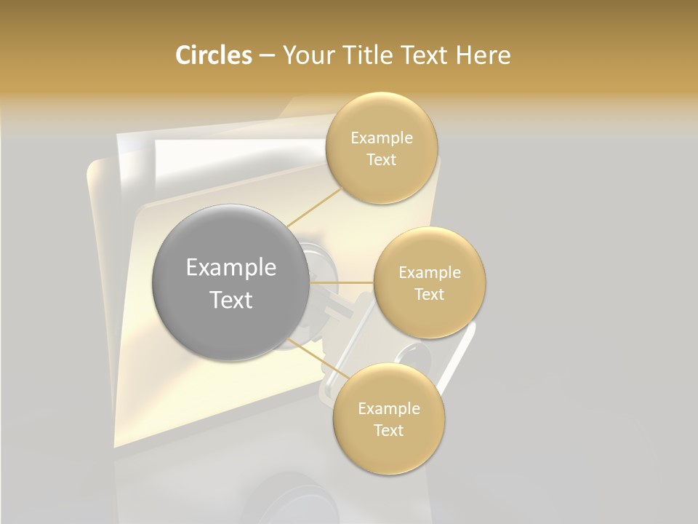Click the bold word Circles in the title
[x=213, y=55]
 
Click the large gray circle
[x=230, y=282]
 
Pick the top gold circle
[x=381, y=148]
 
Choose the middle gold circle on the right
[x=429, y=282]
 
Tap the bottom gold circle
[x=388, y=419]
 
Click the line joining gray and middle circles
[x=342, y=282]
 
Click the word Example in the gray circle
[x=230, y=268]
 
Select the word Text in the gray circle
[x=230, y=300]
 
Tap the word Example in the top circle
[x=381, y=138]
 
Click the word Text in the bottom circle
[x=388, y=430]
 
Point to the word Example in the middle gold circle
[x=429, y=273]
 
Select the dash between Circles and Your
[x=267, y=56]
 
